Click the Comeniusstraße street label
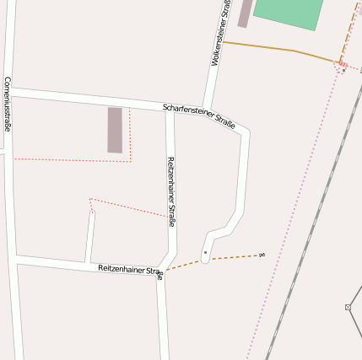pos(7,105)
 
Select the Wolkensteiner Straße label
pos(221,34)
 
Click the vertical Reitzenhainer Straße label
pos(170,191)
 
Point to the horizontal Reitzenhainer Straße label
pos(130,270)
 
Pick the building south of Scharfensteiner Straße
pos(115,130)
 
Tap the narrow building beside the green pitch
pos(245,13)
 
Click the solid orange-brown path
pos(278,49)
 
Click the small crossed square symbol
pos(348,307)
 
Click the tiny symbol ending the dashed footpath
pos(262,255)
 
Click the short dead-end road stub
pos(89,236)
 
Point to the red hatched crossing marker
pos(342,67)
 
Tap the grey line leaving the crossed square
pos(356,297)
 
